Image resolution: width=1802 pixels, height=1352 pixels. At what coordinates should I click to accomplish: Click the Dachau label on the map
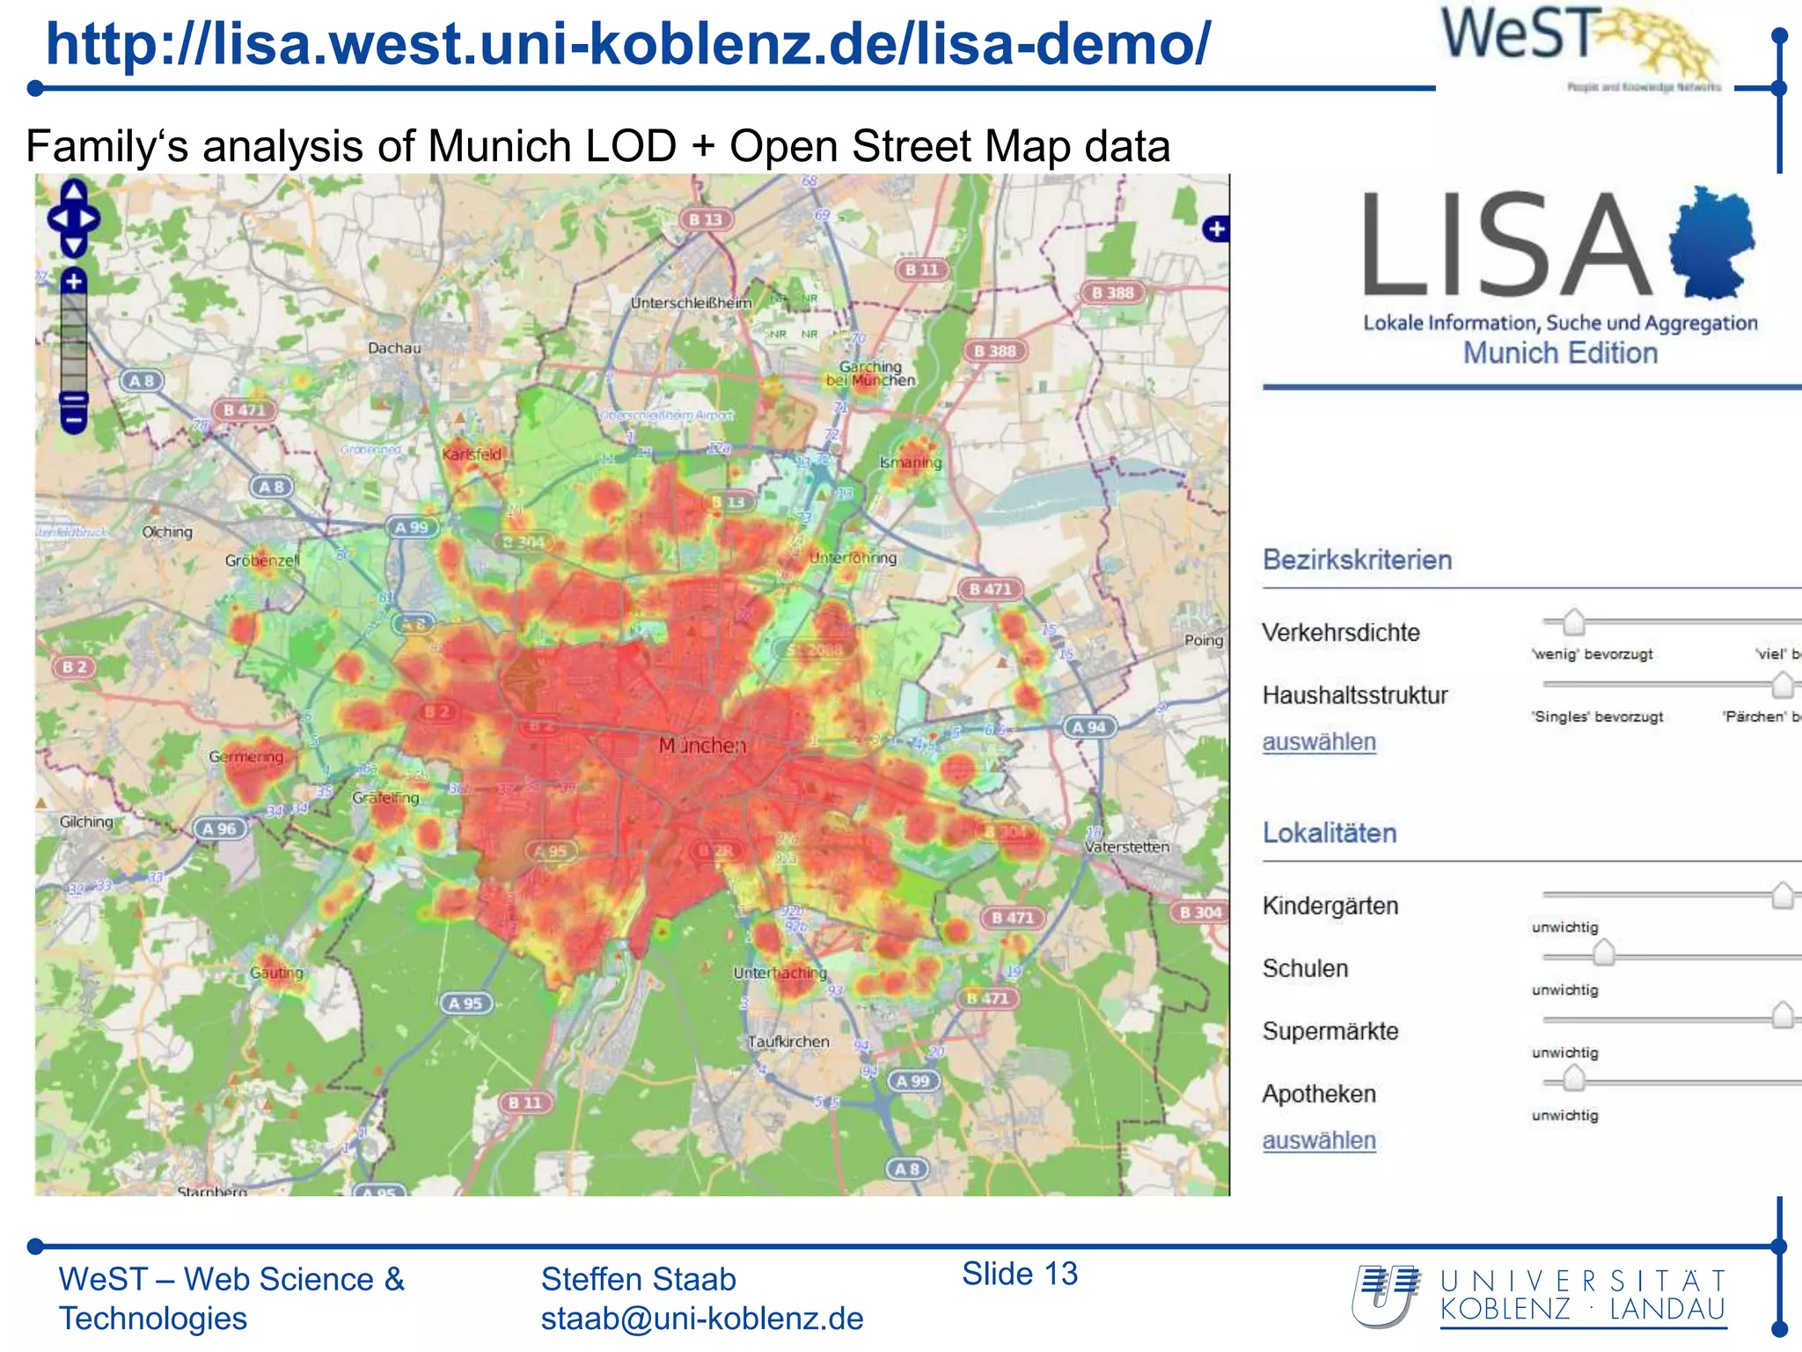click(x=394, y=348)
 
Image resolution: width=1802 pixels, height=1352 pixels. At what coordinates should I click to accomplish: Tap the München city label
click(x=702, y=746)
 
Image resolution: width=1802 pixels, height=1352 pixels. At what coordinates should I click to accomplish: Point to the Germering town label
click(x=246, y=756)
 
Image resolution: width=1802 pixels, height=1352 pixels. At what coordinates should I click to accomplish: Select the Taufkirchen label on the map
click(x=788, y=1041)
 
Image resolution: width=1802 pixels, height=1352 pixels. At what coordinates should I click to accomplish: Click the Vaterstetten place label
click(x=1127, y=847)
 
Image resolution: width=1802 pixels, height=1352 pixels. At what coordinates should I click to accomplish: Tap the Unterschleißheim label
click(x=692, y=303)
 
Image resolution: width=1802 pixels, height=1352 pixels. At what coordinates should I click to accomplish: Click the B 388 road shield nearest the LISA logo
click(x=1113, y=292)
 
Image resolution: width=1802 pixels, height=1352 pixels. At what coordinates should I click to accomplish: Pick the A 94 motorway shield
click(x=1089, y=727)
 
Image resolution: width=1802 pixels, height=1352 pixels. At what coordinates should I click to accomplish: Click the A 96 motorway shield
click(x=219, y=828)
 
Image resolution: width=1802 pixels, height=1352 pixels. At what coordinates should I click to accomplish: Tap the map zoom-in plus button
click(x=74, y=282)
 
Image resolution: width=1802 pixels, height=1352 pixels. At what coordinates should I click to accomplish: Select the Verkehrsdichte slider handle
click(x=1573, y=621)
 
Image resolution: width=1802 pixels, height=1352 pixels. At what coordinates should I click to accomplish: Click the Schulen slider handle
click(x=1604, y=952)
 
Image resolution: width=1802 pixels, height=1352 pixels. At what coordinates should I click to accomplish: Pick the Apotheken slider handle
click(x=1573, y=1078)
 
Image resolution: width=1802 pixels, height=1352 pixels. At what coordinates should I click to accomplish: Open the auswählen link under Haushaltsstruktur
click(x=1319, y=742)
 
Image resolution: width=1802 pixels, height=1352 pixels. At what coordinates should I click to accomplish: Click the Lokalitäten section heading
click(x=1330, y=833)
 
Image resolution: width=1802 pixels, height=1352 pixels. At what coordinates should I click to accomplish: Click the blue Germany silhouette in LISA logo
click(x=1712, y=242)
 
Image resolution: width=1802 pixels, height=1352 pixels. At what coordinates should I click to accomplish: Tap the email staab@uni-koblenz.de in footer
click(x=702, y=1319)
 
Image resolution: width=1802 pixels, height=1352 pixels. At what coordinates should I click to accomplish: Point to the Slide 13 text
click(x=1020, y=1274)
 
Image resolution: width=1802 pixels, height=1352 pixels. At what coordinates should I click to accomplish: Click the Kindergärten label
click(x=1330, y=906)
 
